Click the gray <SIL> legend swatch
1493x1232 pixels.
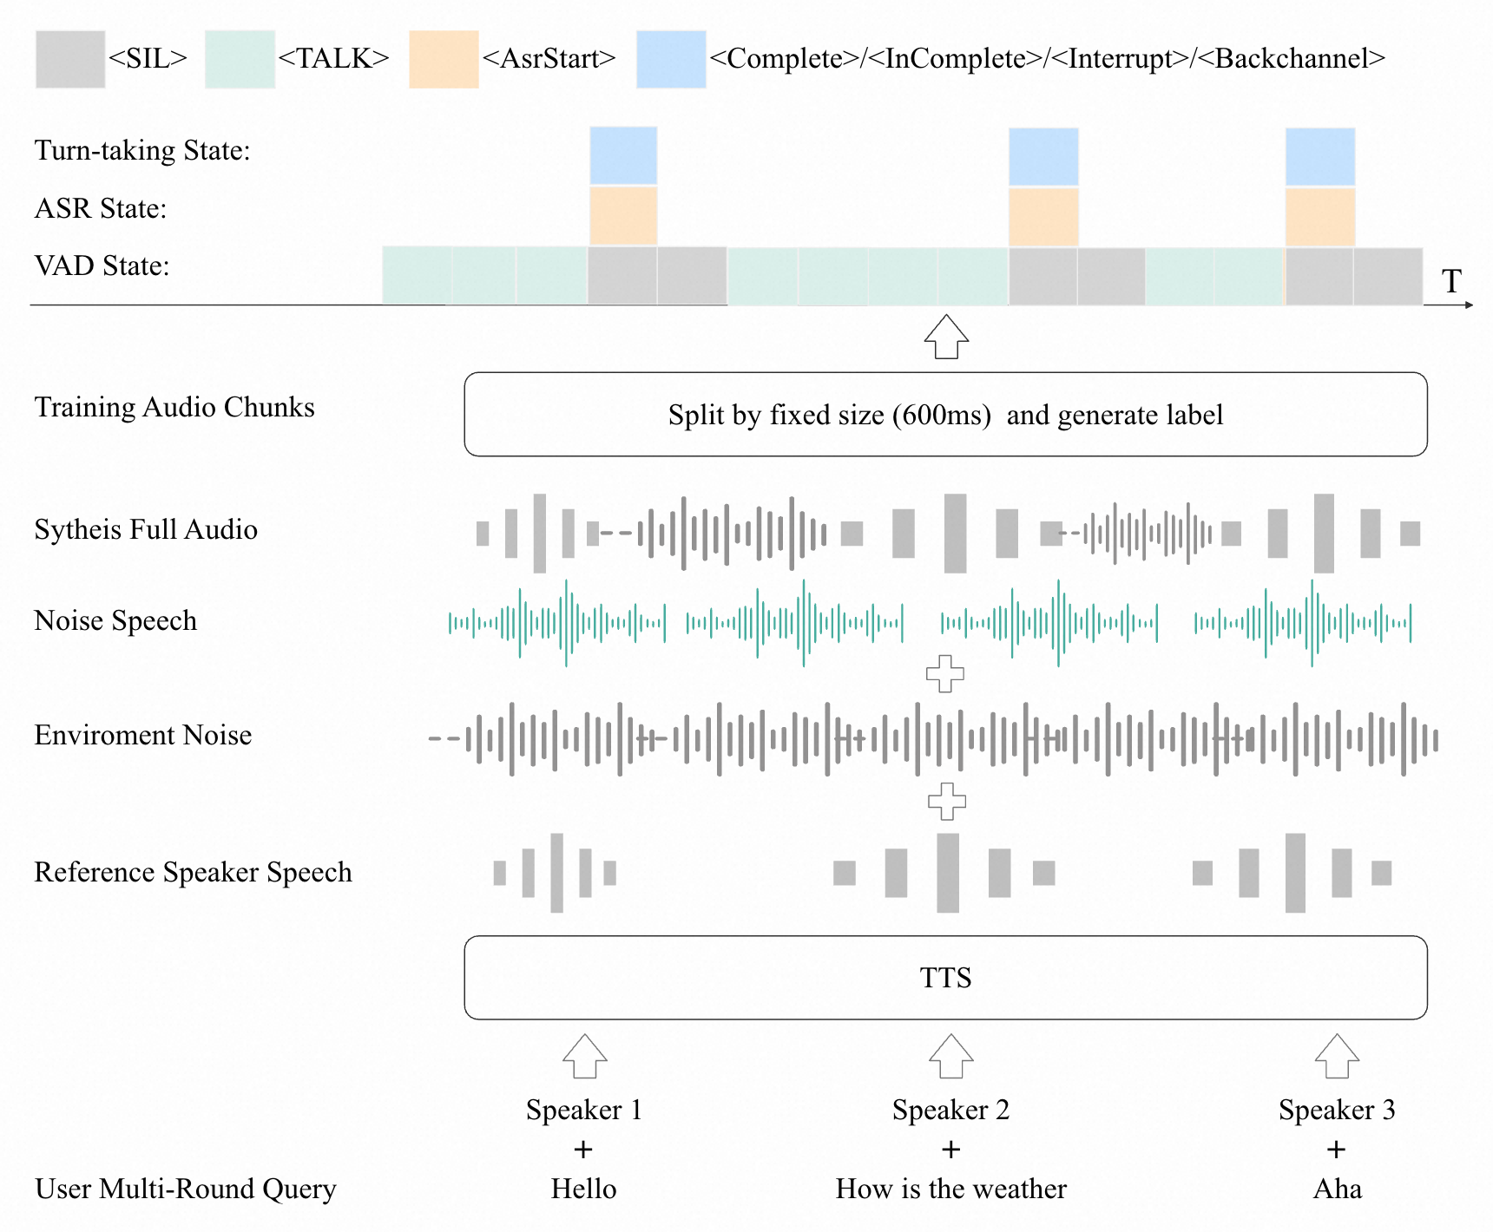click(70, 59)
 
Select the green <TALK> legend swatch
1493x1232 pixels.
click(240, 59)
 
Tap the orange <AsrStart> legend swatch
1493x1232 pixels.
click(444, 59)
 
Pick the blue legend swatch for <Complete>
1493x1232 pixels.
click(671, 59)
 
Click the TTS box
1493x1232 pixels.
click(945, 978)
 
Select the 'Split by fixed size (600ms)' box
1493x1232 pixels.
click(945, 415)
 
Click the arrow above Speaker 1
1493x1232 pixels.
click(584, 1056)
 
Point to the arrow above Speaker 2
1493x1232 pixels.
click(951, 1056)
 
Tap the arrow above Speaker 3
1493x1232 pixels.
click(1337, 1056)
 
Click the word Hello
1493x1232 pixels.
click(584, 1189)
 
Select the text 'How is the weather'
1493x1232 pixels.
click(951, 1189)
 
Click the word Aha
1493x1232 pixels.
click(1338, 1189)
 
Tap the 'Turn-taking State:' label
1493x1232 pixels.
click(142, 151)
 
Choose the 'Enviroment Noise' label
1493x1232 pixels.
click(143, 735)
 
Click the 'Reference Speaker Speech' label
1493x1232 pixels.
click(193, 872)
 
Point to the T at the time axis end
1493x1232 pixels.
click(1451, 281)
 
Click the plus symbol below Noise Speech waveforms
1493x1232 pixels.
click(945, 673)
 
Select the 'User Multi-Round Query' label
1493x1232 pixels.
click(186, 1189)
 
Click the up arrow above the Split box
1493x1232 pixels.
click(946, 337)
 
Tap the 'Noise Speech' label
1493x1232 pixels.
click(115, 621)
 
